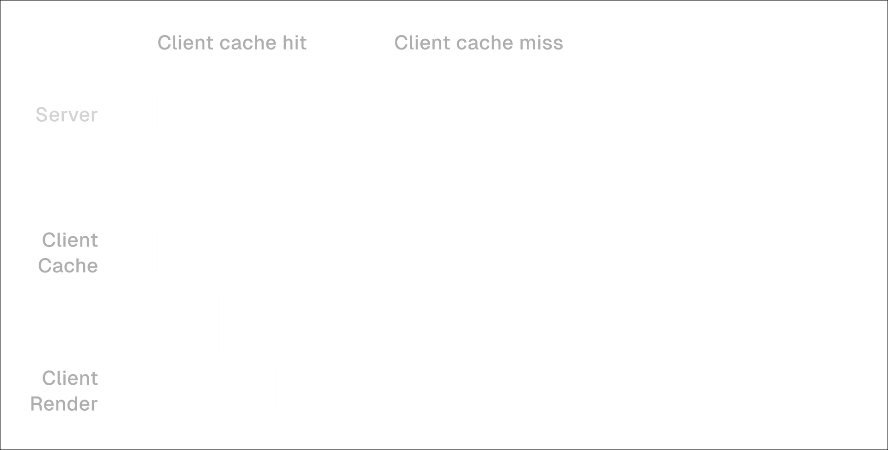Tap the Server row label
point(67,115)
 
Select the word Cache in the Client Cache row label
point(68,266)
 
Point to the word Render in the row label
point(64,404)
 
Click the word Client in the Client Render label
point(70,379)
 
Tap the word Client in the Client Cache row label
point(70,240)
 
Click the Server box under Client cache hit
point(246,114)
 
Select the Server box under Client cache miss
point(483,114)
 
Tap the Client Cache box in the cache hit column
point(246,253)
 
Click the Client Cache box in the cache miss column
point(483,253)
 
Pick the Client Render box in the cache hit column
point(246,390)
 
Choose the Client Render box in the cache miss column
point(483,390)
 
